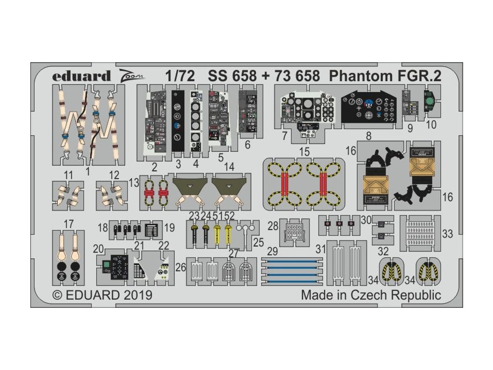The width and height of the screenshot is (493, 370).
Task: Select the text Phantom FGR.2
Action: point(386,76)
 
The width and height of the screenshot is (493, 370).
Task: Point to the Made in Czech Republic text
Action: point(371,295)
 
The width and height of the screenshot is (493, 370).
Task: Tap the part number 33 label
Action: point(447,234)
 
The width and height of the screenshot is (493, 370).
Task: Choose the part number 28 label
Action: point(273,226)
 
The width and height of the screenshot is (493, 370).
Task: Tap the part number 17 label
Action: point(68,224)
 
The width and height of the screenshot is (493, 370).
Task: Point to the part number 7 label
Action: point(285,136)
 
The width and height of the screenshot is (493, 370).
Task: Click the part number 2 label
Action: point(155,168)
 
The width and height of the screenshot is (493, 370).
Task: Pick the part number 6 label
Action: point(247,145)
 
